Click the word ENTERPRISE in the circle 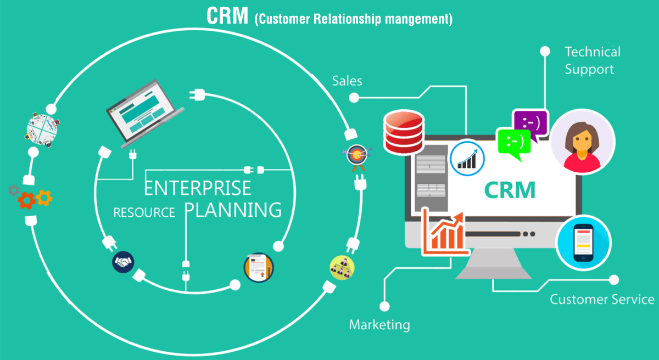(198, 187)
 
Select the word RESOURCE (144, 212)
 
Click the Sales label (347, 81)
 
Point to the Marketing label (379, 324)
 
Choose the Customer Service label (602, 299)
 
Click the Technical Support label (592, 60)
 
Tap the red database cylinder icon (404, 132)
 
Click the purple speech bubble (530, 123)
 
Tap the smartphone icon (583, 243)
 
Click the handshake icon (122, 262)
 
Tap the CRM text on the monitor (510, 190)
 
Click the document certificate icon (258, 267)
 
